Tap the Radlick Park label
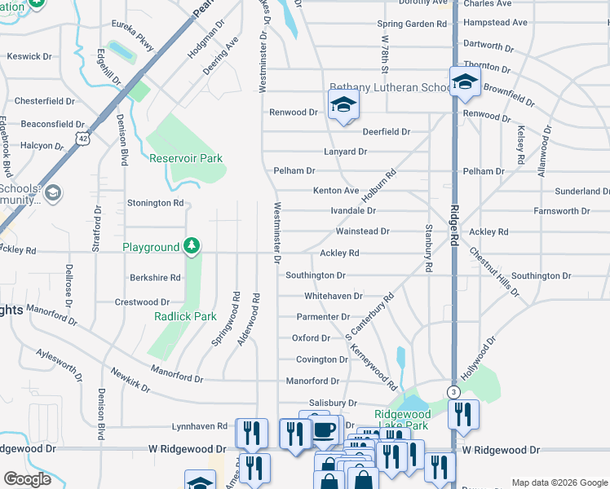click(x=185, y=316)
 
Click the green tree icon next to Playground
click(x=191, y=245)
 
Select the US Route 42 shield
click(x=81, y=139)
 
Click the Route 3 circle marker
click(x=452, y=393)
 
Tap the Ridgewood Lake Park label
click(x=401, y=420)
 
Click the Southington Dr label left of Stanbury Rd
click(x=316, y=275)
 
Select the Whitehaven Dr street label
click(x=333, y=296)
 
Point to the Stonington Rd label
click(x=155, y=202)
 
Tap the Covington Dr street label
click(x=321, y=359)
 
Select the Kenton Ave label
click(x=336, y=191)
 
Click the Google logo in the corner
click(x=27, y=479)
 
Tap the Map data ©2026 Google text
click(x=559, y=482)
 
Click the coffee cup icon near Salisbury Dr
click(x=325, y=430)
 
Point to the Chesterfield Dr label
click(x=45, y=102)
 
